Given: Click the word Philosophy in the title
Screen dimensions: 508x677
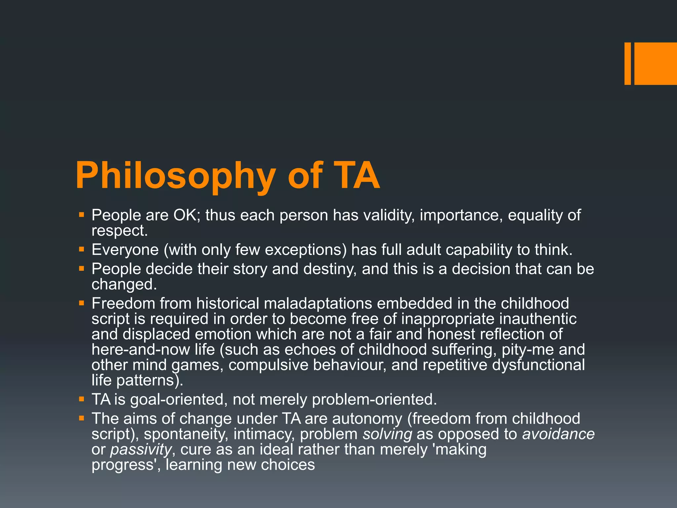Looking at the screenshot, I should tap(175, 176).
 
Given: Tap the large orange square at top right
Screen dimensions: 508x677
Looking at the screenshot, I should tap(655, 63).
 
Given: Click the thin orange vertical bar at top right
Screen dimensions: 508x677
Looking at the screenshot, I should tap(627, 63).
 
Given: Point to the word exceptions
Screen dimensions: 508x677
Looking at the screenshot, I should tap(305, 250).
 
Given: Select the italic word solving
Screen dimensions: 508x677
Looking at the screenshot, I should tap(387, 434).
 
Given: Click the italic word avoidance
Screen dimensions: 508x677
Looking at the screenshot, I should tap(558, 434).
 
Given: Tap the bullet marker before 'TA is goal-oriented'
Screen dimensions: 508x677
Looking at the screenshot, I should tap(82, 399).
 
